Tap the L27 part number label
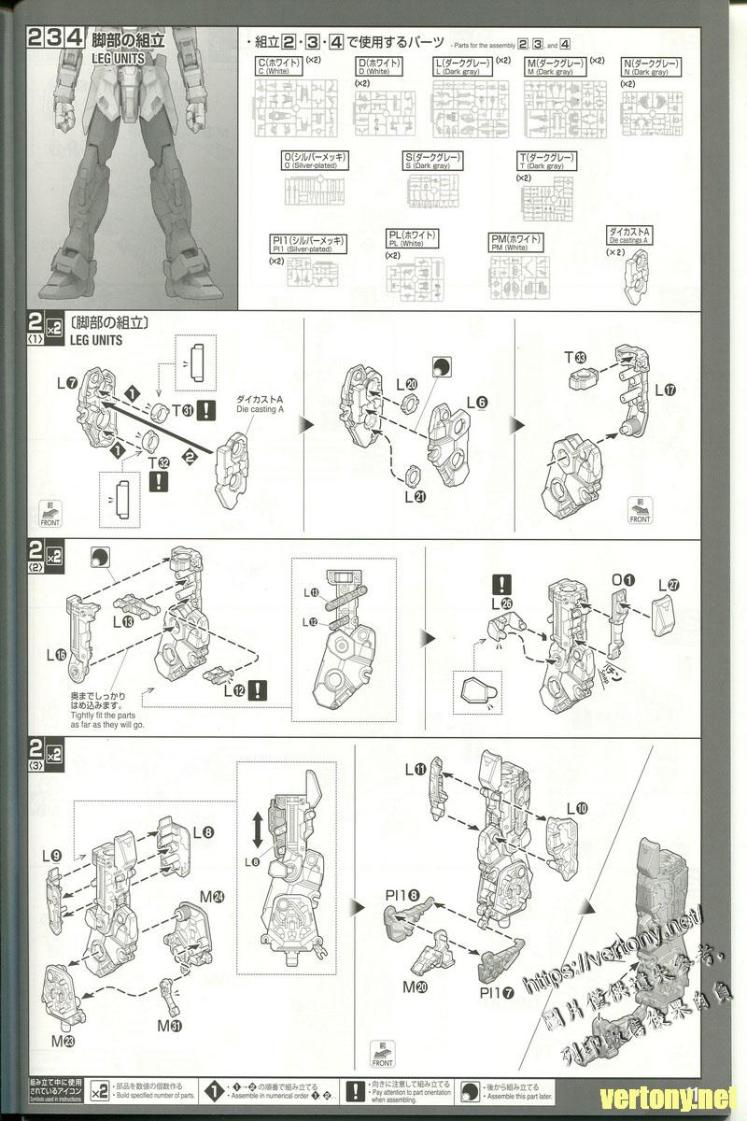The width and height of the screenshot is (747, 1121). (x=669, y=586)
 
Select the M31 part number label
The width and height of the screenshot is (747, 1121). (x=169, y=1026)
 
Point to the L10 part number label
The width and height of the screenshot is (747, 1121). (x=575, y=808)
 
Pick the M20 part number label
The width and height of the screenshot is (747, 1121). (x=415, y=986)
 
